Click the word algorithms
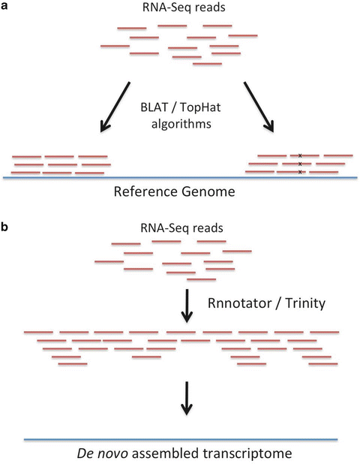(x=180, y=126)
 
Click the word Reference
(x=148, y=191)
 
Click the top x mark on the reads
(x=300, y=155)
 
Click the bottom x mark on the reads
(x=300, y=172)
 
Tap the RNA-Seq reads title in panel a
(x=181, y=10)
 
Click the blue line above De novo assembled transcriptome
(x=180, y=438)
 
